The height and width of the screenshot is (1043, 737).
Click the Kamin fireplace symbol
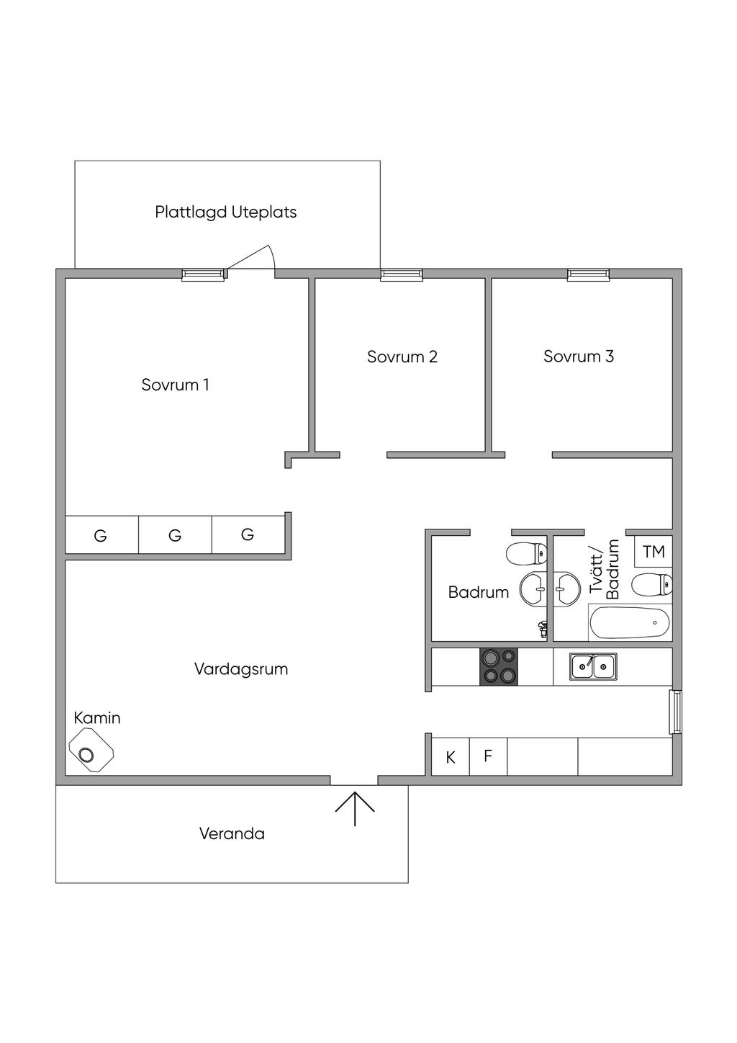point(91,751)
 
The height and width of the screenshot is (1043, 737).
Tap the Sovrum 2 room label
point(402,357)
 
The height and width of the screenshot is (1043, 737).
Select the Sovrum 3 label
point(578,356)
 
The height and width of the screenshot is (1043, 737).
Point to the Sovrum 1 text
point(175,385)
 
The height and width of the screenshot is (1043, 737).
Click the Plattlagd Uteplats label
point(225,212)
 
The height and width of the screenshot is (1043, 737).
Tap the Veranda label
point(232,833)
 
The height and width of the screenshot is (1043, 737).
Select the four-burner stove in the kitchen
point(499,666)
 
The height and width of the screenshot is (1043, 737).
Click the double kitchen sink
point(593,666)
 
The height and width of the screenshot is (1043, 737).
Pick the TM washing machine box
point(654,552)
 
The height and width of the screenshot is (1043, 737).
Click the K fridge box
point(451,757)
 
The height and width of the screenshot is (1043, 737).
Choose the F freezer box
point(488,756)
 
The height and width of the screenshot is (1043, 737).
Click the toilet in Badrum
point(527,554)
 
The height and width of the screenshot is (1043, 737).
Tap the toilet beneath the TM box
point(651,584)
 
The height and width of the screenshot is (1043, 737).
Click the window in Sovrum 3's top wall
point(588,274)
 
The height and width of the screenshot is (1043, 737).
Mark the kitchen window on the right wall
point(675,712)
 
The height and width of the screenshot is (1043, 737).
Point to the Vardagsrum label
point(241,668)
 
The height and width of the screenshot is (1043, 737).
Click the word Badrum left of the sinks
point(478,592)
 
